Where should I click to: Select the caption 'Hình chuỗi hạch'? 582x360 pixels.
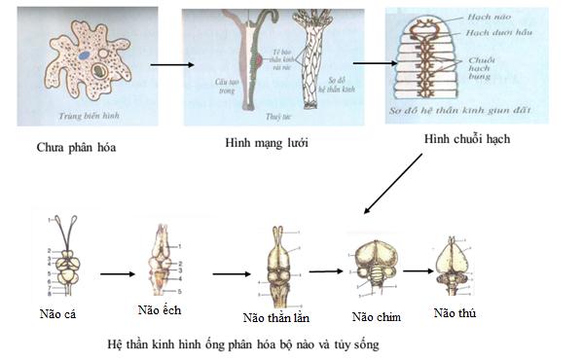[x=466, y=138]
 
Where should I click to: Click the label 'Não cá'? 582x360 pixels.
[x=59, y=313]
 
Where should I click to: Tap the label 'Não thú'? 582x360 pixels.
[x=454, y=313]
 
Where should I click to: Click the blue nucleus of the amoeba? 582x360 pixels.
[x=86, y=70]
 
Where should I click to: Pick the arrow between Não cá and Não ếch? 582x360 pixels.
[x=116, y=273]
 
